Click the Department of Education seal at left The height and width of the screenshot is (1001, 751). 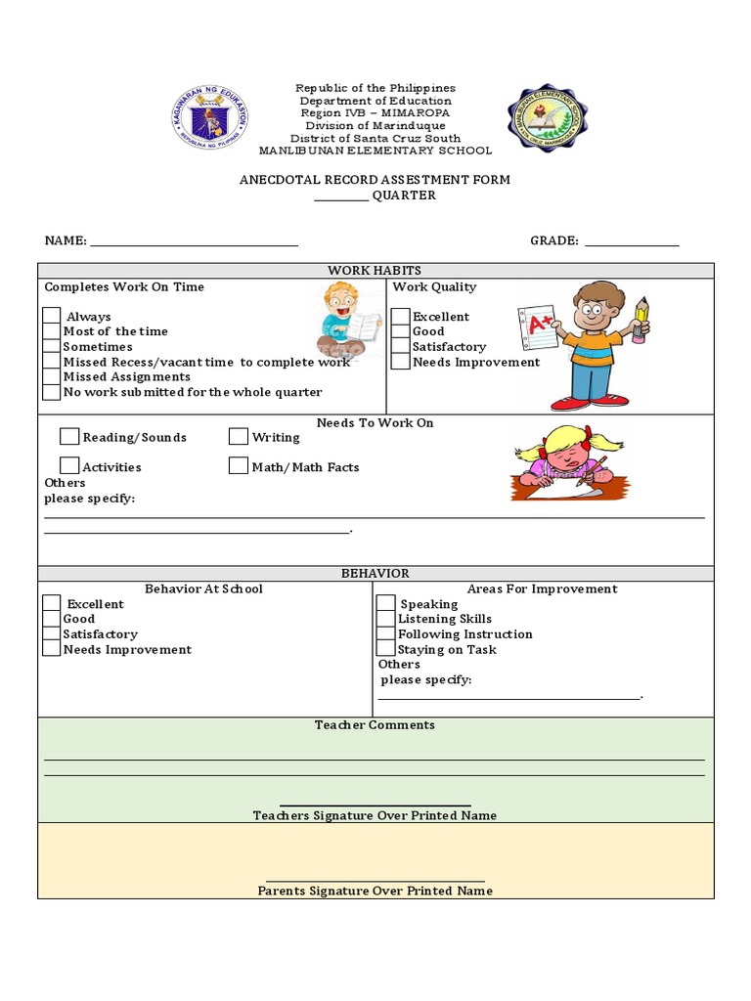tap(210, 119)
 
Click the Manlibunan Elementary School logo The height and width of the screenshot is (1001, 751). tap(548, 119)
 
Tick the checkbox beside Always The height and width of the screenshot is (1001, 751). tap(52, 317)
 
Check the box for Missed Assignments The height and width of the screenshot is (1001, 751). tap(52, 377)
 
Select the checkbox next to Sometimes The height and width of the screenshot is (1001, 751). tap(52, 347)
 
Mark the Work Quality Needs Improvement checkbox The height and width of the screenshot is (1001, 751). tap(401, 362)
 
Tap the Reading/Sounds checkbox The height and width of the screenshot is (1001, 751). tap(69, 437)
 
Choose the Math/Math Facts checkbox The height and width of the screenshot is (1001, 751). tap(239, 466)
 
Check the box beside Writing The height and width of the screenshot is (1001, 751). tap(239, 437)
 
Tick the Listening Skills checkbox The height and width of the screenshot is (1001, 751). tap(386, 619)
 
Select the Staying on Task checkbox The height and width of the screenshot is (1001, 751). tap(386, 649)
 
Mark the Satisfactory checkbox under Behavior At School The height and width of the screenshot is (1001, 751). tap(52, 634)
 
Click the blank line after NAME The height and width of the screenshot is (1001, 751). tap(194, 244)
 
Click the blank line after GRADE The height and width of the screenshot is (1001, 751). tap(631, 244)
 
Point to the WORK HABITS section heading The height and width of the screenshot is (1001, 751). tap(375, 271)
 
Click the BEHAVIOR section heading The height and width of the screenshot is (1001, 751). tap(375, 574)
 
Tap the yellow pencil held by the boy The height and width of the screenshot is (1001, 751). tap(641, 319)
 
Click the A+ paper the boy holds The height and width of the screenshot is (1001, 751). tap(536, 329)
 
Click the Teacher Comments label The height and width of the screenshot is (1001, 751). tap(375, 725)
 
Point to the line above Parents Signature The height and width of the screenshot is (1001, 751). tap(375, 881)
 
